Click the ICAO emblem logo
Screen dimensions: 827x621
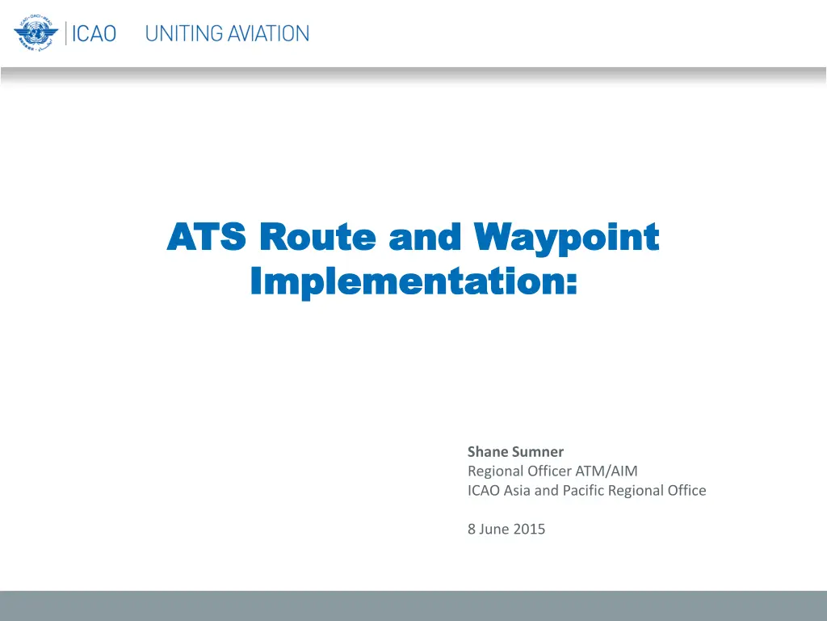[x=36, y=33]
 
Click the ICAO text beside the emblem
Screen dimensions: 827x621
[x=94, y=34]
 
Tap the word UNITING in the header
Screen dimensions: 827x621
[x=183, y=34]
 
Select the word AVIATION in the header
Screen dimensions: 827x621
[x=269, y=34]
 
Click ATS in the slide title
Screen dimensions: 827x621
[x=206, y=236]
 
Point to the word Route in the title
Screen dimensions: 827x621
[x=317, y=236]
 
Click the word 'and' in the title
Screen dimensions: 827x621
[x=425, y=236]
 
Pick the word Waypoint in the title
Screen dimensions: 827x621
[x=566, y=239]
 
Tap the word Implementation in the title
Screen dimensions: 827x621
[x=407, y=282]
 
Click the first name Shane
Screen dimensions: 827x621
[x=486, y=451]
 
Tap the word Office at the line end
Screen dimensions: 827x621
[x=686, y=490]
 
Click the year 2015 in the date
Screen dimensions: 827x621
[x=529, y=529]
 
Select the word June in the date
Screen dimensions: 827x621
[x=494, y=529]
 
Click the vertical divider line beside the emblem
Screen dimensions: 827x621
[x=66, y=33]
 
